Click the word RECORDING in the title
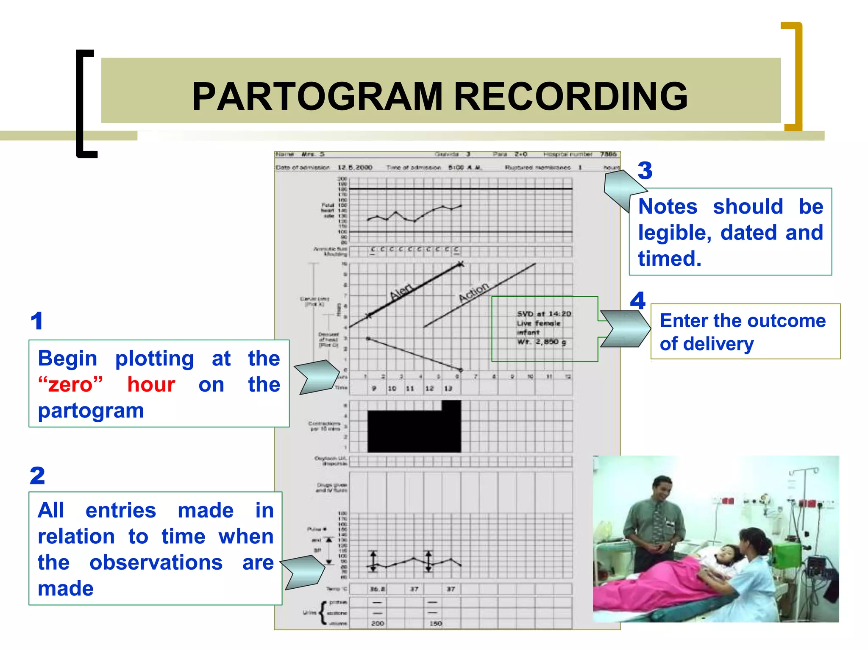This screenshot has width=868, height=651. point(570,97)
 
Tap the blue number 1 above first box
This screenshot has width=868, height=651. point(37,321)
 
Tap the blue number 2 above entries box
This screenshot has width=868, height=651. point(37,476)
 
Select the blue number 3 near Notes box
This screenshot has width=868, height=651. point(645,171)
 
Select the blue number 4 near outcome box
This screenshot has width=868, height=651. point(637,301)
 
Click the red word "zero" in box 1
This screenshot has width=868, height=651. point(70,385)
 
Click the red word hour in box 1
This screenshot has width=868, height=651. point(151,385)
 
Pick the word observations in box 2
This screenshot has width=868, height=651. point(156,563)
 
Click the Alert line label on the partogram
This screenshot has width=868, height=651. point(401,291)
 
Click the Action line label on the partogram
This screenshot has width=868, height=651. point(474,292)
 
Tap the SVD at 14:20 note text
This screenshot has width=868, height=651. point(544,314)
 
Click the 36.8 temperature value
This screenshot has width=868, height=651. point(377,589)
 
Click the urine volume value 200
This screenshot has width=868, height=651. point(377,623)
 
